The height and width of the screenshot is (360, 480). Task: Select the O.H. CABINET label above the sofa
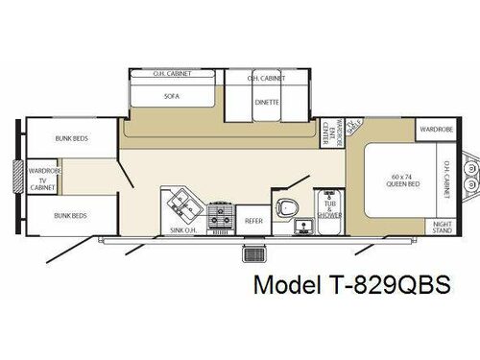(x=173, y=73)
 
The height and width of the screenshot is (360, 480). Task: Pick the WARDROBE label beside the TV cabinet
(x=42, y=170)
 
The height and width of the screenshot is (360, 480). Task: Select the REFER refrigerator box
(x=253, y=220)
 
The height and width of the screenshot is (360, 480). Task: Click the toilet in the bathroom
(x=285, y=207)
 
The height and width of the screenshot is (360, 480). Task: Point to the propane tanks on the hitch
(x=470, y=178)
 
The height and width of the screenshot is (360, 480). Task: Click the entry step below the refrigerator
(x=254, y=254)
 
